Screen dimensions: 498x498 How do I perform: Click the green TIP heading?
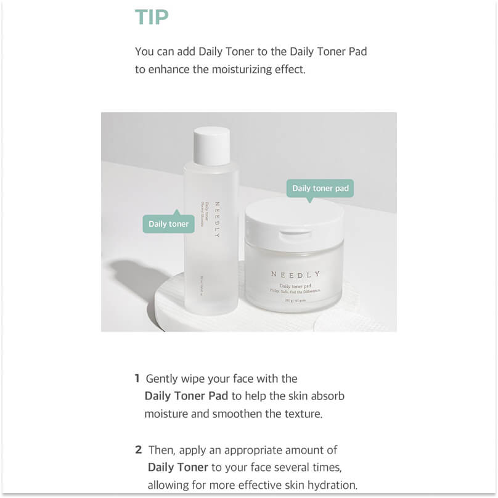pyautogui.click(x=152, y=17)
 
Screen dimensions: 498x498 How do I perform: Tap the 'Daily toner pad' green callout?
pyautogui.click(x=320, y=188)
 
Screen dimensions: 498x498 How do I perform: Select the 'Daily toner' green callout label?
pyautogui.click(x=168, y=224)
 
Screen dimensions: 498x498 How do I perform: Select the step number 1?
pyautogui.click(x=137, y=378)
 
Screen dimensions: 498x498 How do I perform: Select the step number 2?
pyautogui.click(x=138, y=450)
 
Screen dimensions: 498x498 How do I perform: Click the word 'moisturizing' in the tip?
pyautogui.click(x=242, y=70)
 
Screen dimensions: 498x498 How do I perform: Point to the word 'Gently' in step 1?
pyautogui.click(x=162, y=378)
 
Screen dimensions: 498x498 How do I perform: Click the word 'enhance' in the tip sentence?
pyautogui.click(x=169, y=70)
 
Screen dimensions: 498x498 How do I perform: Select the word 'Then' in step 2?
pyautogui.click(x=161, y=450)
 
